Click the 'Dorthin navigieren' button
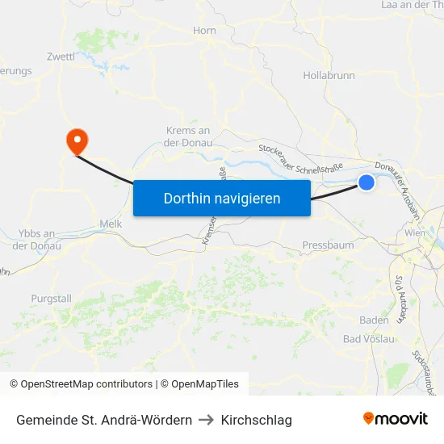point(222,198)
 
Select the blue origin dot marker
point(366,182)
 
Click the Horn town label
point(204,31)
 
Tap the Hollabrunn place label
point(329,75)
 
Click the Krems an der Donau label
point(187,136)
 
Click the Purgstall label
point(51,298)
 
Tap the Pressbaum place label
point(328,245)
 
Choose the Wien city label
point(415,232)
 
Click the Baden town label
point(374,320)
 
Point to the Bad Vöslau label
point(369,339)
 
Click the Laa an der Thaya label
point(412,5)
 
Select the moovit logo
point(396,418)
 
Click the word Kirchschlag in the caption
point(256,420)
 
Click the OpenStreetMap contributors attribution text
point(86,384)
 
